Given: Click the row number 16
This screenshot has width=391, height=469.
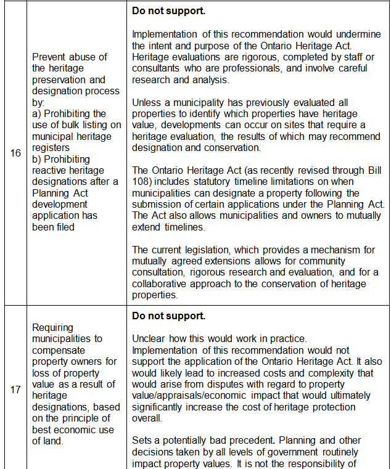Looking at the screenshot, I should [16, 153].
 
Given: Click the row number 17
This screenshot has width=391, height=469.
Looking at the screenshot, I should [16, 390].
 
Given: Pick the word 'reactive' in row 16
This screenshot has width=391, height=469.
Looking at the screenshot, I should [49, 171].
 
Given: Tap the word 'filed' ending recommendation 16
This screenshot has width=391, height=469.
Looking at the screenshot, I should [63, 227].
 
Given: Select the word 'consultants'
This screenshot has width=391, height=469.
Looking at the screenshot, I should [158, 68].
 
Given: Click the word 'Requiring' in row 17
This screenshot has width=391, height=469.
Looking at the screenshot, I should [52, 328].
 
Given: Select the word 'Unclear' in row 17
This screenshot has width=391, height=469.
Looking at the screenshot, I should [149, 339].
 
